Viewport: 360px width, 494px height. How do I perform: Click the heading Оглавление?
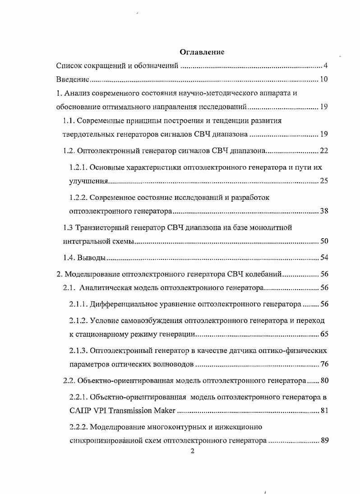pyautogui.click(x=202, y=52)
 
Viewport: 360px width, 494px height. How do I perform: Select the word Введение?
pyautogui.click(x=72, y=80)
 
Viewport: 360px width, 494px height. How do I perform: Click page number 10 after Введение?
pyautogui.click(x=323, y=80)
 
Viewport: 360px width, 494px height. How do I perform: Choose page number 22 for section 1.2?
pyautogui.click(x=323, y=151)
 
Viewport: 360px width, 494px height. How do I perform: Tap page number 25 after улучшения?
pyautogui.click(x=323, y=181)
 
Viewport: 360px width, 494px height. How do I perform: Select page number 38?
pyautogui.click(x=323, y=211)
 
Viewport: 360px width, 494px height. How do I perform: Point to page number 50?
pyautogui.click(x=323, y=241)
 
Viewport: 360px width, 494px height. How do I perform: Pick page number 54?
pyautogui.click(x=323, y=258)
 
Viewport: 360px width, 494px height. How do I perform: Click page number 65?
pyautogui.click(x=323, y=334)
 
